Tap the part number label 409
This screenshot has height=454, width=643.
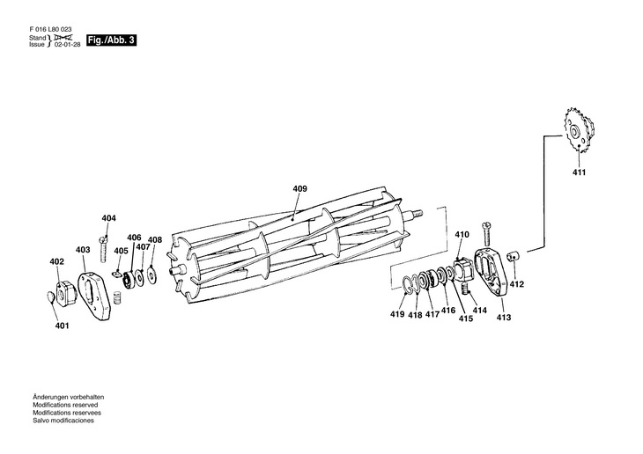click(300, 188)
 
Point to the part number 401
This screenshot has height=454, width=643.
click(62, 326)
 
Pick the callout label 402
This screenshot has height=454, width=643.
click(56, 261)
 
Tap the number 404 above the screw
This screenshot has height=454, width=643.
click(108, 218)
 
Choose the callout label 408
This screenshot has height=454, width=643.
click(155, 239)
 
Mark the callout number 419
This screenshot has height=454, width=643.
click(398, 314)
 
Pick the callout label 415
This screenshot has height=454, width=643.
click(465, 319)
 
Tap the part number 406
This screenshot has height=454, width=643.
click(134, 238)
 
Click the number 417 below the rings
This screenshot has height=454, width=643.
click(432, 314)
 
